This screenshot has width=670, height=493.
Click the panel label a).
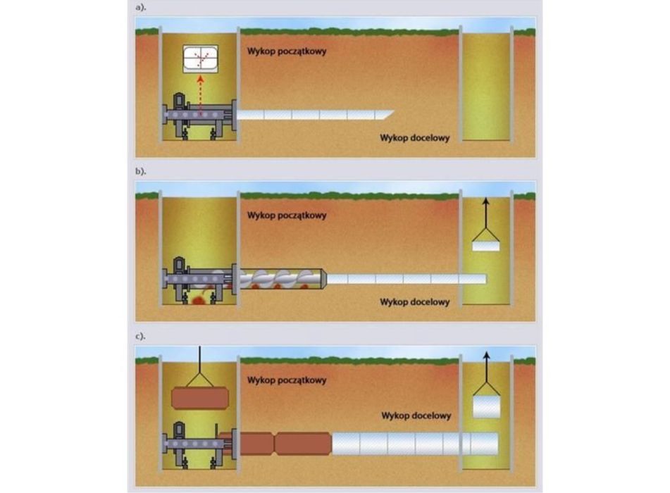coord(141,7)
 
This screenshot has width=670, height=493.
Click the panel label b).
coord(141,171)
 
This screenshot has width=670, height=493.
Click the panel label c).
coord(141,336)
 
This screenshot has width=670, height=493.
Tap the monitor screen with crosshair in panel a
coord(200,58)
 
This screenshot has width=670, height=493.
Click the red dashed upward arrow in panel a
coord(200,96)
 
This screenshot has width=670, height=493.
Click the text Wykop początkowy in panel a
coord(287,51)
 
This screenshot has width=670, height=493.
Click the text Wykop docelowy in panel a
coord(414,137)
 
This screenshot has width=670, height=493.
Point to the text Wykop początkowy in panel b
coord(287,216)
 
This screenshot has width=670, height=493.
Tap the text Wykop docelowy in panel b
coord(414,302)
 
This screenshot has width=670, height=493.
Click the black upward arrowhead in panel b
coord(485,201)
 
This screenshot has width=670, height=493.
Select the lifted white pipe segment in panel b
coord(485,246)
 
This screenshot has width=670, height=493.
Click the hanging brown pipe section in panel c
coord(200,398)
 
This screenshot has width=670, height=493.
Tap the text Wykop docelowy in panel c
coord(416,416)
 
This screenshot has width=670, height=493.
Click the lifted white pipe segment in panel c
coord(486,406)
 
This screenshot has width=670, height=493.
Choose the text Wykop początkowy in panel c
coord(287,380)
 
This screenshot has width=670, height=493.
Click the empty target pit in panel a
coord(486,85)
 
